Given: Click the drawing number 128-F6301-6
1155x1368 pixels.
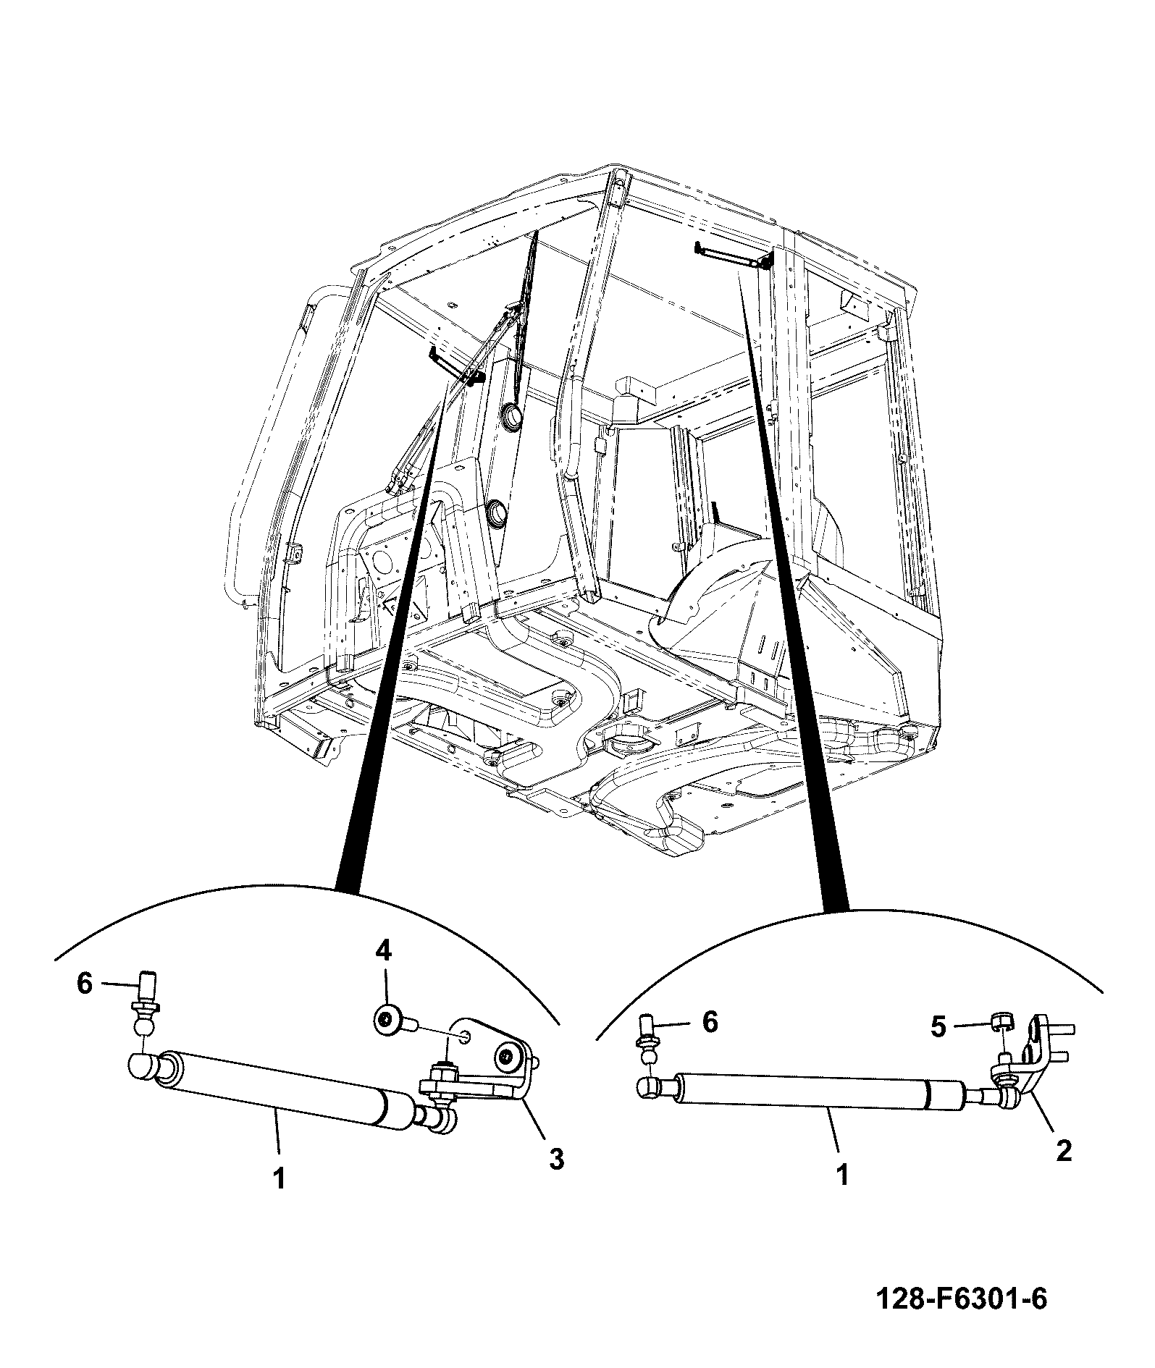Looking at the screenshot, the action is point(962,1299).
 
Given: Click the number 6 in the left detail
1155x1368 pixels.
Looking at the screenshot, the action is point(85,984).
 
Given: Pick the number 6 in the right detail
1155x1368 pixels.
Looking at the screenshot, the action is point(710,1022).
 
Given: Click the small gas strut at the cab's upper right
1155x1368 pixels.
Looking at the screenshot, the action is point(731,256).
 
